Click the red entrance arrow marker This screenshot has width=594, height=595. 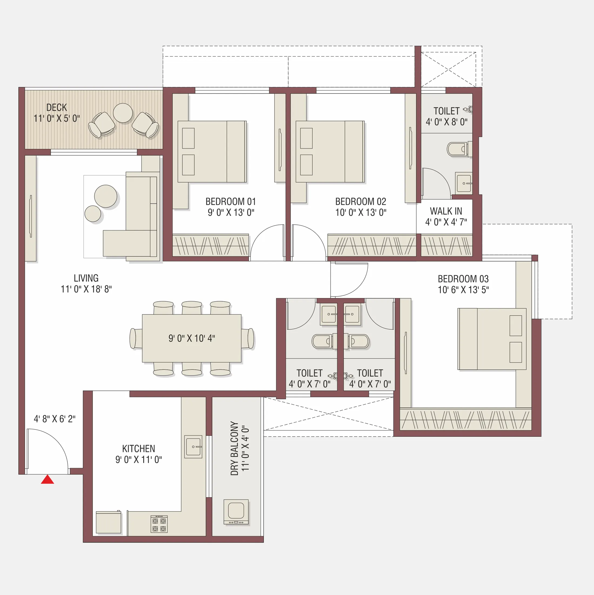(x=48, y=480)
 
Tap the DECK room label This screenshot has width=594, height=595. (x=57, y=108)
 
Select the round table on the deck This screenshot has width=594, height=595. (x=123, y=113)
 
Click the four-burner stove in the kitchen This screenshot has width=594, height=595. (x=159, y=524)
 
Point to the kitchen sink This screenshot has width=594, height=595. (x=193, y=447)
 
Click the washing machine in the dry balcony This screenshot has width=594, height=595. (x=236, y=512)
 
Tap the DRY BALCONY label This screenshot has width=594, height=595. (x=235, y=448)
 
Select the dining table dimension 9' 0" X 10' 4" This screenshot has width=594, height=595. (x=192, y=338)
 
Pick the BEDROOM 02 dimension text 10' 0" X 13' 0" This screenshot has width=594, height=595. (x=361, y=212)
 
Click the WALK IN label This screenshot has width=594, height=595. (x=446, y=211)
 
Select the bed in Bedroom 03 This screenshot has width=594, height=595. (x=492, y=339)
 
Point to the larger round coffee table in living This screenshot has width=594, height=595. (x=106, y=196)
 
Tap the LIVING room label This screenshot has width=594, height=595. (x=86, y=278)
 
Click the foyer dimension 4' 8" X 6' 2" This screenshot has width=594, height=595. (x=55, y=419)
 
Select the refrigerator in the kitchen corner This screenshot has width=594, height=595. (x=109, y=523)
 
